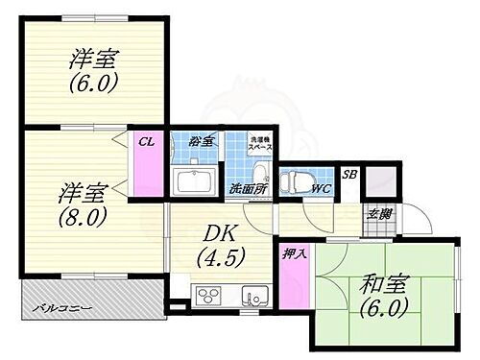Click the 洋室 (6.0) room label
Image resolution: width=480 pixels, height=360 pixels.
pos(93,69)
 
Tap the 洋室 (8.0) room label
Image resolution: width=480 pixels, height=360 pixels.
pos(82,200)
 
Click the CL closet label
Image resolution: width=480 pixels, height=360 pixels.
pos(147,141)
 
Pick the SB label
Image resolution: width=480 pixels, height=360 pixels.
pos(349,174)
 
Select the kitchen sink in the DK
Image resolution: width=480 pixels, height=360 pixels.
pos(252,295)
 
